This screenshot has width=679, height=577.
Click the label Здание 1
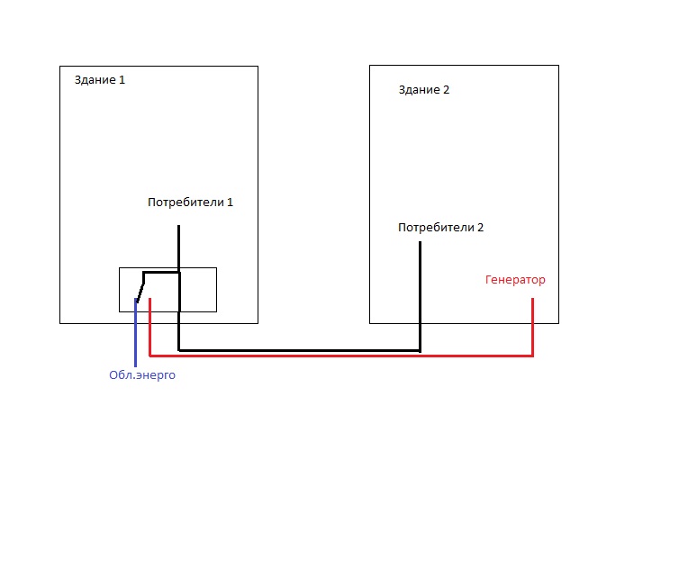click(99, 80)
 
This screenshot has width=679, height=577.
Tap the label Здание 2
click(423, 90)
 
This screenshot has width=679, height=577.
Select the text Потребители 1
click(190, 203)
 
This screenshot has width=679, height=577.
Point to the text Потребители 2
click(440, 228)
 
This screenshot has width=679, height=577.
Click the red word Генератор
click(515, 280)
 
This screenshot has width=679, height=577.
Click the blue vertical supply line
click(136, 333)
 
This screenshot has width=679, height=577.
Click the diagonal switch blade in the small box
click(140, 287)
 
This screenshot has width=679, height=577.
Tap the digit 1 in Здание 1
click(122, 80)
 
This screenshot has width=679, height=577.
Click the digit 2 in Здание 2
click(446, 90)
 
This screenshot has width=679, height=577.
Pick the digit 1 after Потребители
click(230, 203)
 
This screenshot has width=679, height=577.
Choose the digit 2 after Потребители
click(480, 228)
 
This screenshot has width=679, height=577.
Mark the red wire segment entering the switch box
click(149, 305)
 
